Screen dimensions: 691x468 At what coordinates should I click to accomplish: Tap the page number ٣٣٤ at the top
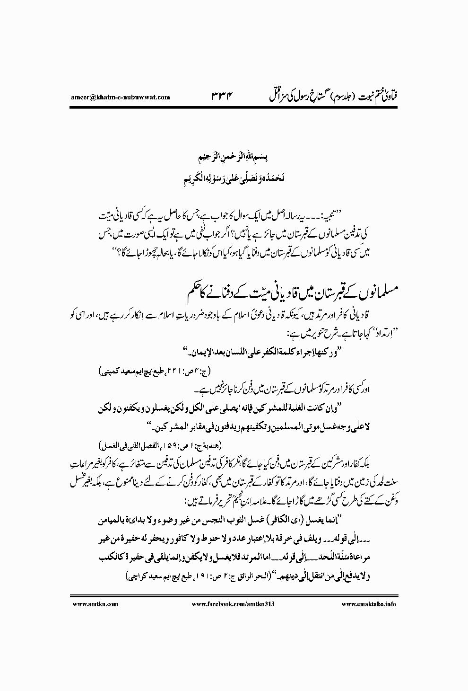223,97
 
